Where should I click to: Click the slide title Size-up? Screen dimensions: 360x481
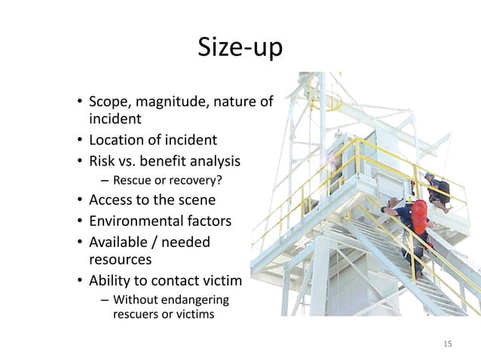[240, 48]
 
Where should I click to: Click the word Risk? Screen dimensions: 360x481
[103, 160]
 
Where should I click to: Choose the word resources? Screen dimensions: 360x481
[121, 260]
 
